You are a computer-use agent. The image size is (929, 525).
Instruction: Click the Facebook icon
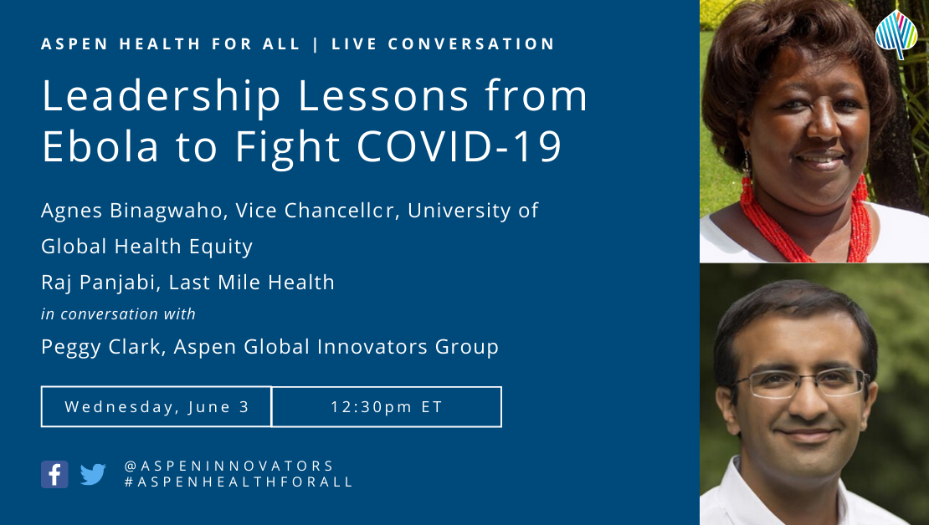(54, 474)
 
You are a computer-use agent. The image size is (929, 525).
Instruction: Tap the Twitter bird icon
(93, 474)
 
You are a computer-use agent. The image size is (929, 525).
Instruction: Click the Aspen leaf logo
(896, 34)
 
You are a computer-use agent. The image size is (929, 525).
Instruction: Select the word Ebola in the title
(100, 145)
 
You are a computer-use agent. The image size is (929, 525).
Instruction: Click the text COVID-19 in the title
(459, 145)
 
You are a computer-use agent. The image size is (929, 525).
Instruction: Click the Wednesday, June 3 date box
(157, 406)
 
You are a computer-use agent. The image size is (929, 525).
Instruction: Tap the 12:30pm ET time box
(387, 406)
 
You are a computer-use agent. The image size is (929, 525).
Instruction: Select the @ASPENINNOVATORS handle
(229, 466)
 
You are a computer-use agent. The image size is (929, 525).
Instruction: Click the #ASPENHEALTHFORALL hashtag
(239, 482)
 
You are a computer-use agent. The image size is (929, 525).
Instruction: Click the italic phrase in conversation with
(119, 313)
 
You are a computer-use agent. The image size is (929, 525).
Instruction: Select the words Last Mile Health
(252, 283)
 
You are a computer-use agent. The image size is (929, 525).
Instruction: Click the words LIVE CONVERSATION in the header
(444, 43)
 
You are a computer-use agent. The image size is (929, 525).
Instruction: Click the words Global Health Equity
(147, 247)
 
